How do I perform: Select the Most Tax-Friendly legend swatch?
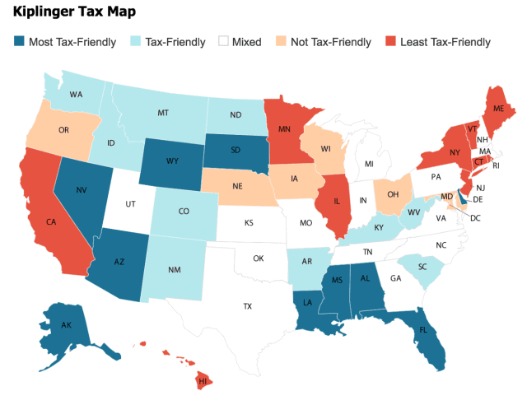pos(20,41)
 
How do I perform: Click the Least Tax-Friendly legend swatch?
pos(392,41)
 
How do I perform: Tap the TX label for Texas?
pos(247,306)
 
